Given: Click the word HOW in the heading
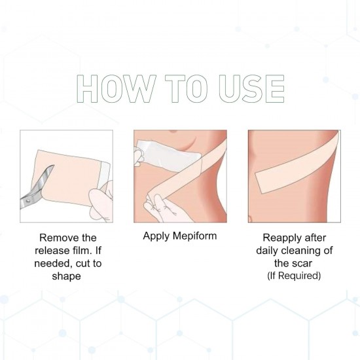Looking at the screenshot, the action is click(116, 88).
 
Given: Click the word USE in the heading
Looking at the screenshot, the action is click(251, 88).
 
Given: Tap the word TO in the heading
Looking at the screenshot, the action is click(187, 88).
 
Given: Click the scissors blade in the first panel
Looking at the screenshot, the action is click(44, 179).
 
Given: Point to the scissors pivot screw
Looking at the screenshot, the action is click(28, 201).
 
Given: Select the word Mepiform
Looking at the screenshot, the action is click(194, 236).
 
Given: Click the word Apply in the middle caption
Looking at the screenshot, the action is click(156, 236).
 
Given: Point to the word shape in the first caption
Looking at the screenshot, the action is click(66, 276).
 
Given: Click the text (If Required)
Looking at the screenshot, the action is click(294, 276).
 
